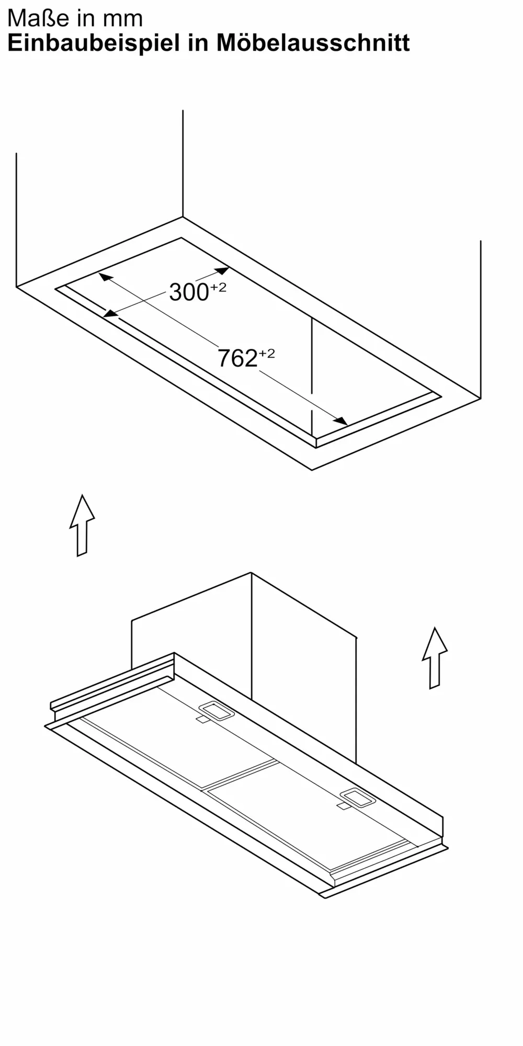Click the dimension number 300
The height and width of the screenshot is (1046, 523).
point(189,292)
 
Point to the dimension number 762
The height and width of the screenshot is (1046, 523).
point(237,359)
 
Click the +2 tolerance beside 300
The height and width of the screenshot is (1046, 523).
point(219,287)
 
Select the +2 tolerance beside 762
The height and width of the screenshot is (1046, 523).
point(267,354)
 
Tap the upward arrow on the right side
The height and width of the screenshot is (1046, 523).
point(435,657)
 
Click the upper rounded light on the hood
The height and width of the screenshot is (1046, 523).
point(216,711)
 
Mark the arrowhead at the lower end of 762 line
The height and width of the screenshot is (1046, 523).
point(341,421)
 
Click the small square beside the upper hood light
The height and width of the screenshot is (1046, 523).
point(202,720)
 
